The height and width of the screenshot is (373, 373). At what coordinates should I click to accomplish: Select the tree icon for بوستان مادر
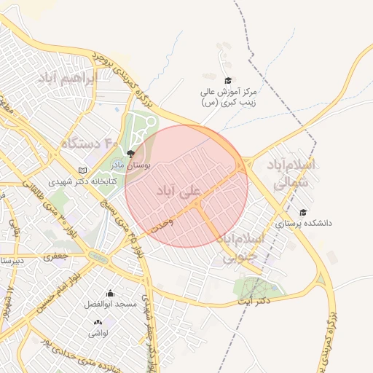[x=130, y=154]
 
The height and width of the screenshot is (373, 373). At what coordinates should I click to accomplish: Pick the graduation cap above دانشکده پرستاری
[x=303, y=212]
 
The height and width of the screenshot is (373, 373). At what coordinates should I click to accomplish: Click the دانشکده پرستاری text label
[x=304, y=224]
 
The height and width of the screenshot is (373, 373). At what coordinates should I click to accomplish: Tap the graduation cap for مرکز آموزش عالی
[x=227, y=81]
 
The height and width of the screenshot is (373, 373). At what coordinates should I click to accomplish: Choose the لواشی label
[x=98, y=333]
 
